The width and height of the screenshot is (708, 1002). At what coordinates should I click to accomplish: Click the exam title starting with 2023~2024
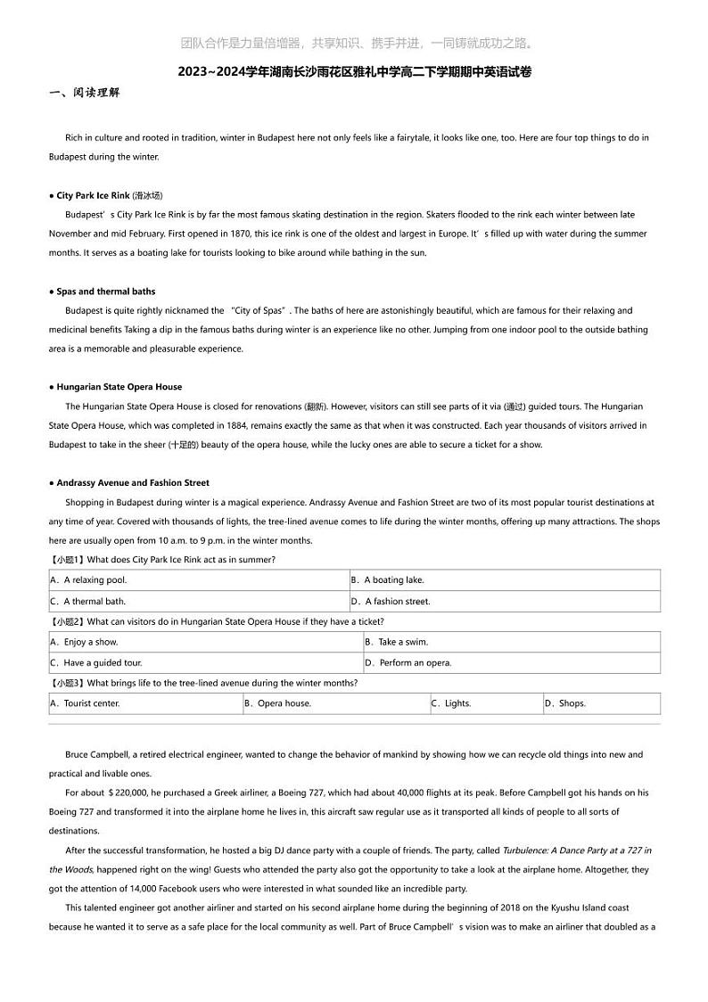point(354,72)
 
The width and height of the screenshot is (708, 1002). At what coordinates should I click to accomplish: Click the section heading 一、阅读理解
point(84,93)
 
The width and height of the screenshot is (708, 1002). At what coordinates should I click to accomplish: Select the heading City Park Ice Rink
point(109,195)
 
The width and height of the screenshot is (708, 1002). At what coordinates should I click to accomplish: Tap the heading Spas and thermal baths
point(105,292)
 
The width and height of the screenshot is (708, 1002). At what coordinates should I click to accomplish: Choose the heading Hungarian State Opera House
point(119,387)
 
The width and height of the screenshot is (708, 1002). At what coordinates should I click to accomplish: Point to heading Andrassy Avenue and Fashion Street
point(132,482)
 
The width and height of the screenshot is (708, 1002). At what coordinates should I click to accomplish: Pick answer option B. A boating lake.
point(387,580)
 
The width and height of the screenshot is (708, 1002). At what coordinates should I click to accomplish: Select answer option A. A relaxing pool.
point(88,580)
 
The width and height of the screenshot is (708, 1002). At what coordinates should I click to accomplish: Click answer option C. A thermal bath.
point(87,602)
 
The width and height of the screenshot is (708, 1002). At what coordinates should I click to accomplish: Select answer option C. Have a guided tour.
point(95,663)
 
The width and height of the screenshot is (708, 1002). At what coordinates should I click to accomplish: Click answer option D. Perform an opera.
point(408,663)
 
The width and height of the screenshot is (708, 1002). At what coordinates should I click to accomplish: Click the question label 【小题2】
point(67,621)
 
